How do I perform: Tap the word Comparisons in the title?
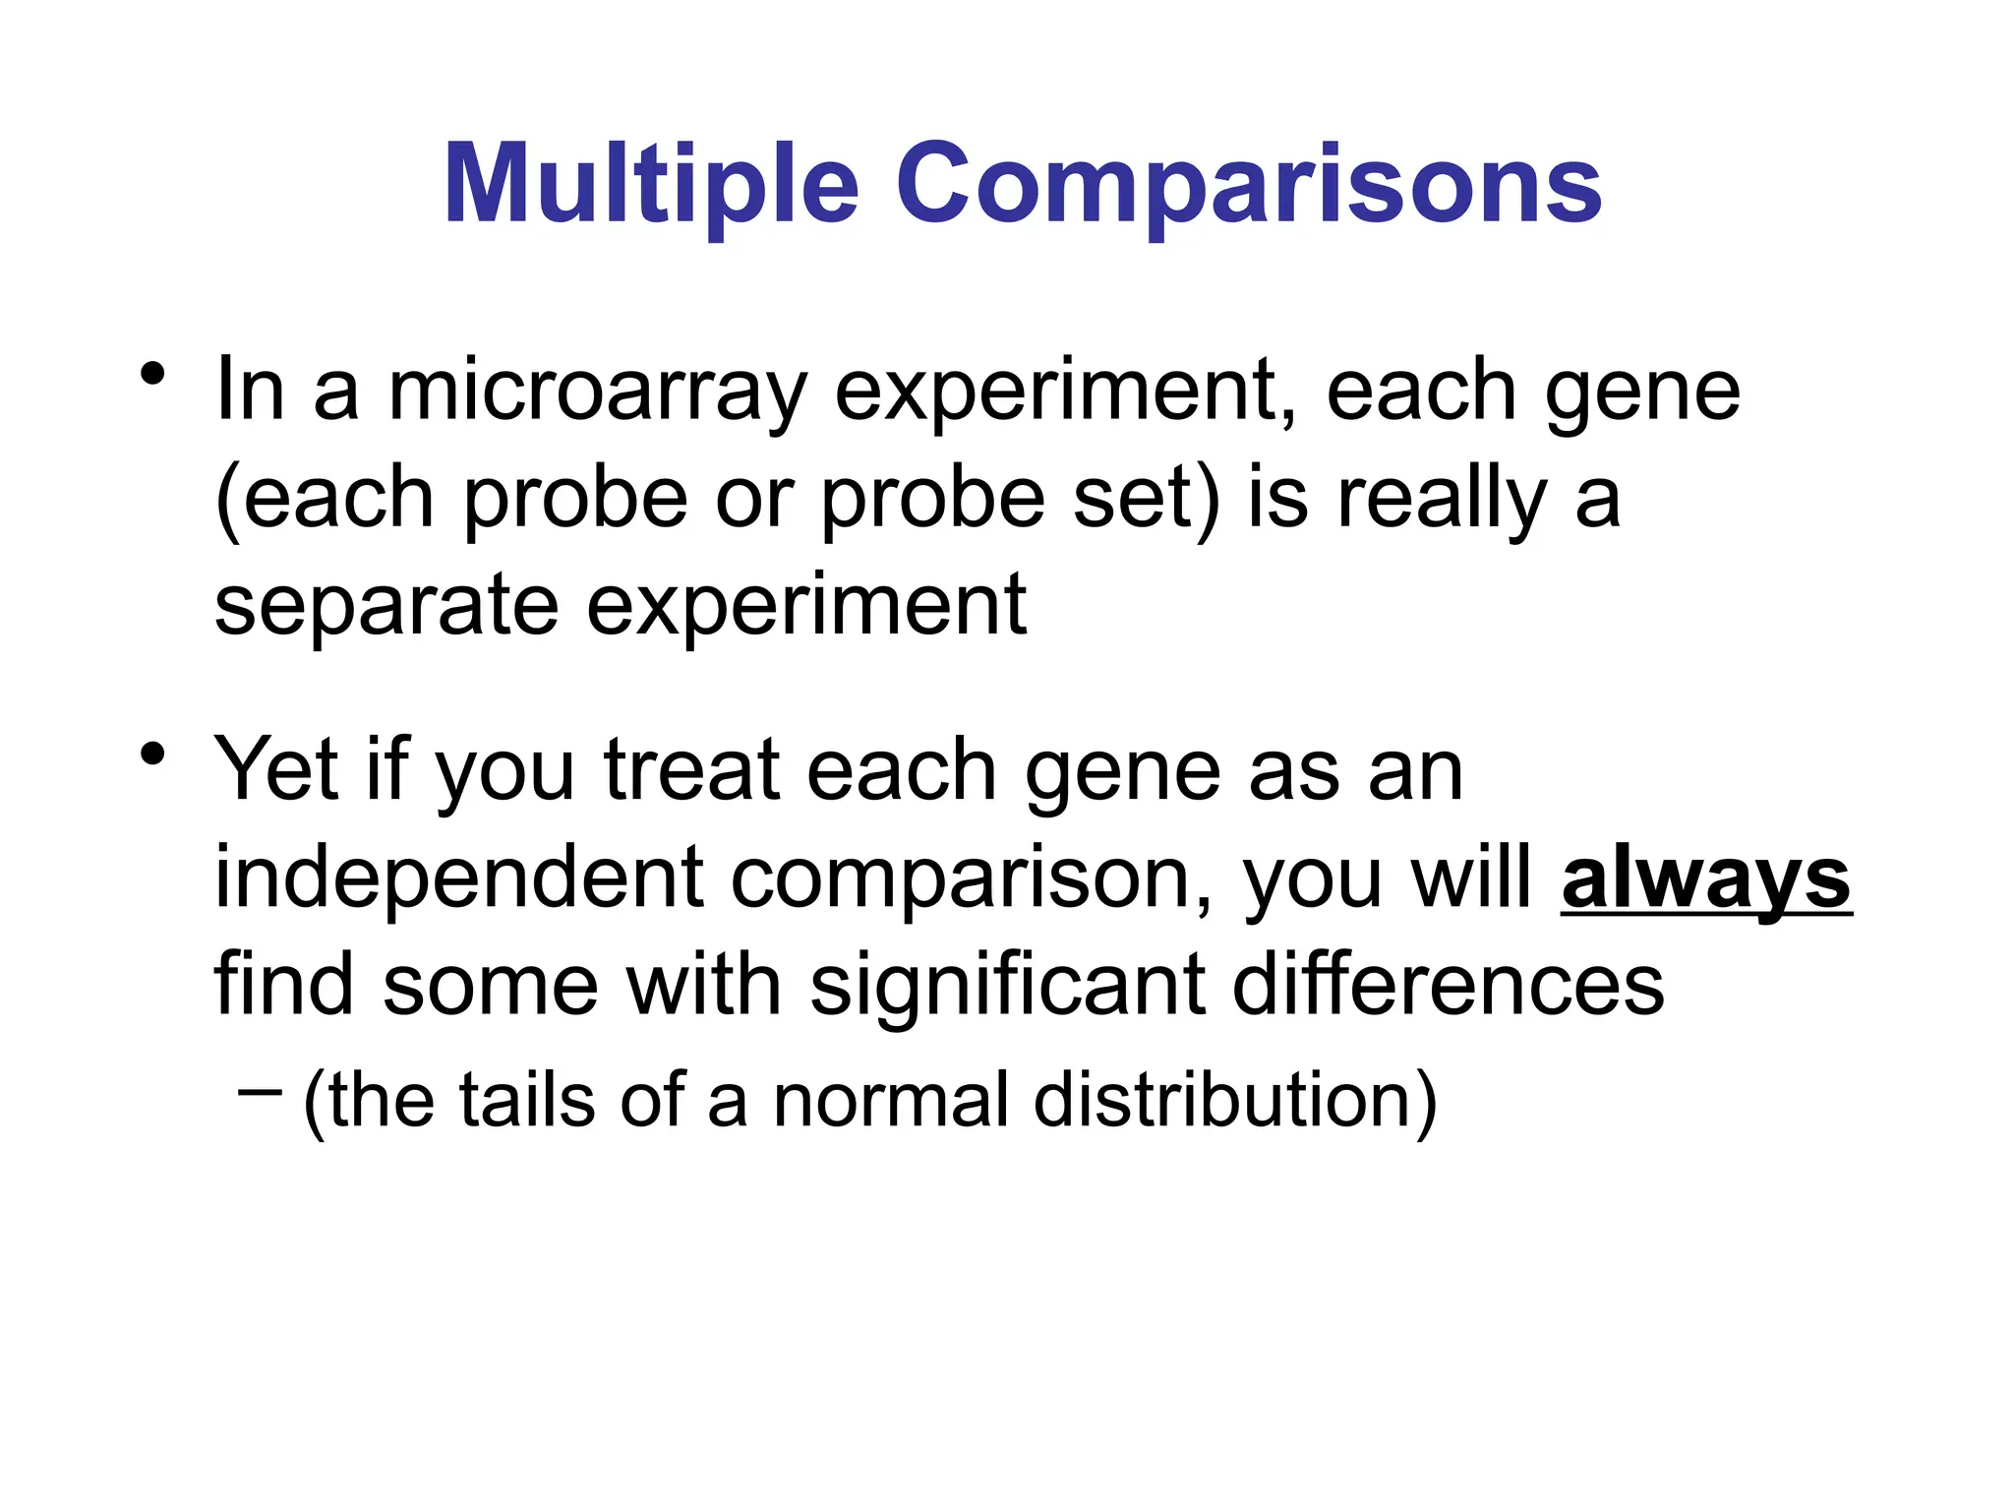[1248, 185]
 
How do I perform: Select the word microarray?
[597, 392]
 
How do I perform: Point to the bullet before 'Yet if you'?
[151, 755]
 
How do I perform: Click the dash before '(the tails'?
[260, 1090]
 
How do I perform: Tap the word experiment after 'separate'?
[806, 606]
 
